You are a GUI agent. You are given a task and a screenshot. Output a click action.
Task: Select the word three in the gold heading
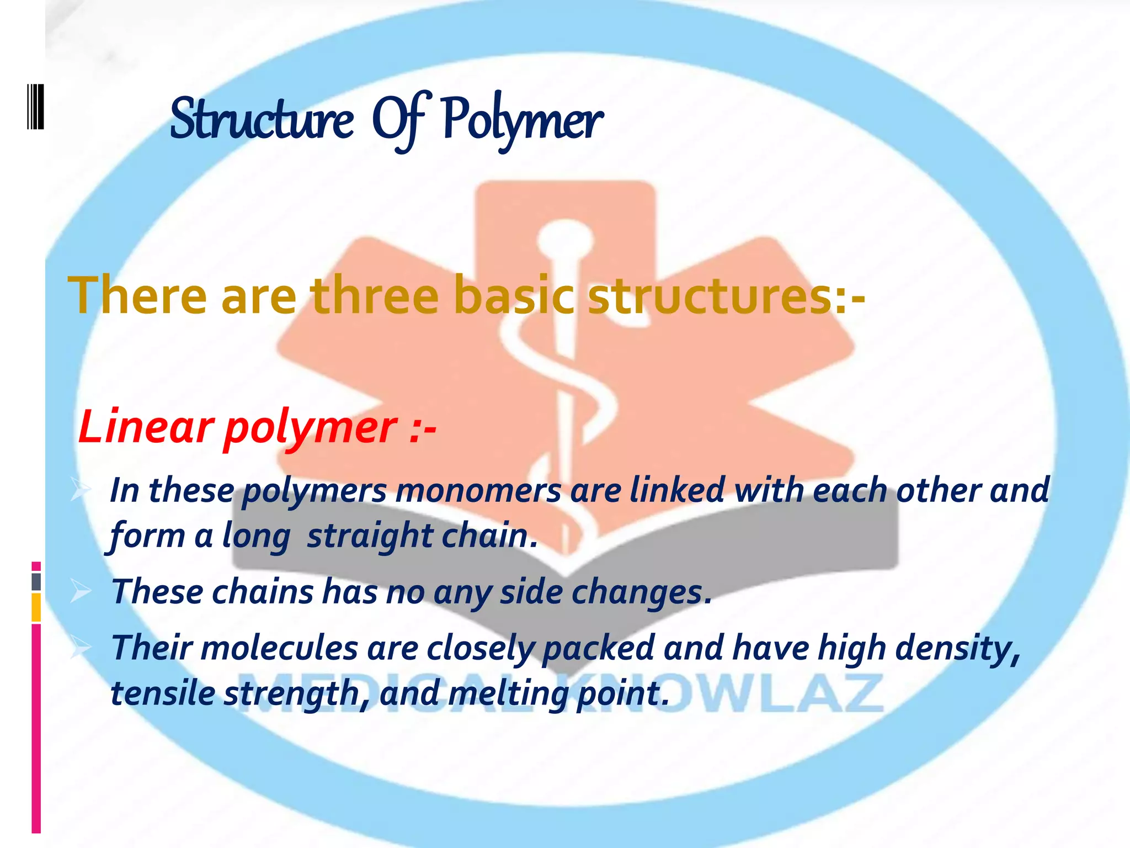[x=375, y=297]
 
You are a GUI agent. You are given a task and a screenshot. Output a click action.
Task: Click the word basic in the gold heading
[x=514, y=297]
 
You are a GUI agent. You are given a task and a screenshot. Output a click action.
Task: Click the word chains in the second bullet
[x=263, y=591]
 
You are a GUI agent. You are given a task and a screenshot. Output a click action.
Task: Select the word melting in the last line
[x=508, y=694]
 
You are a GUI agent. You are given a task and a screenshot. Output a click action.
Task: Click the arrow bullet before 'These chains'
[x=81, y=592]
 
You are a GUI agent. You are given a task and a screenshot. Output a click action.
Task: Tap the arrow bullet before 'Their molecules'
[x=81, y=647]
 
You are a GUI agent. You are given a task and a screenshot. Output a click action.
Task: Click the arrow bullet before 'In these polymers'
[x=81, y=490]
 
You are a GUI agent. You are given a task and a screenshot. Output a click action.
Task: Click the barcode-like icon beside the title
[x=35, y=106]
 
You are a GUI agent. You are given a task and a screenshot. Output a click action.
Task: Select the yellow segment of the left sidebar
[x=36, y=607]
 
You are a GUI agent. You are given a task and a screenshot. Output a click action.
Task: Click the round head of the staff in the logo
[x=565, y=238]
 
